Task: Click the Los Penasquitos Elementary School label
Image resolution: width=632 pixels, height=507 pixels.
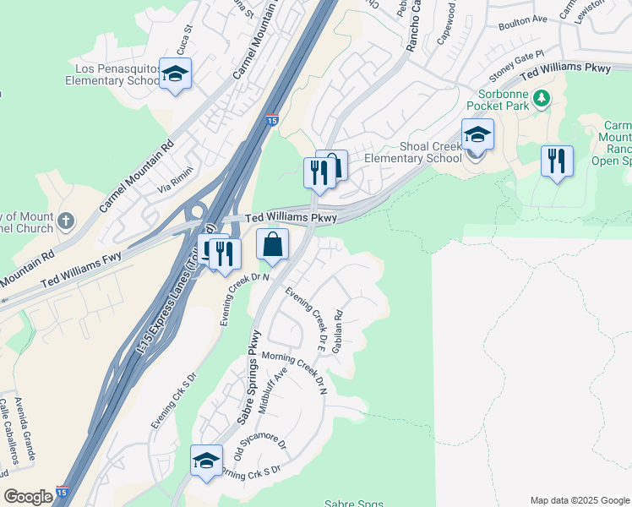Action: click(113, 74)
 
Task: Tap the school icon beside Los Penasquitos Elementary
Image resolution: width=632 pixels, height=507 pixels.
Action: click(175, 75)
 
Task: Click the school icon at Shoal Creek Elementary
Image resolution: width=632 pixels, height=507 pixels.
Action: click(477, 135)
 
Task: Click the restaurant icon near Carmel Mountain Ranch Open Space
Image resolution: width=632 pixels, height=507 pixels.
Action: click(557, 161)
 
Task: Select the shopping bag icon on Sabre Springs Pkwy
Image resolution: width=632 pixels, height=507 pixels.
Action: click(273, 246)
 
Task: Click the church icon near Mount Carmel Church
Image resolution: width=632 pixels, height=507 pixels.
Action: click(67, 223)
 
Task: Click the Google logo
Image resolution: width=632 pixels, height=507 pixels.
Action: click(28, 497)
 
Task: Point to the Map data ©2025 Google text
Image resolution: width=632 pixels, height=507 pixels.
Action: click(580, 500)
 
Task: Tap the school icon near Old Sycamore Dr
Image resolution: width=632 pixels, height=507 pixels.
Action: click(205, 461)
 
